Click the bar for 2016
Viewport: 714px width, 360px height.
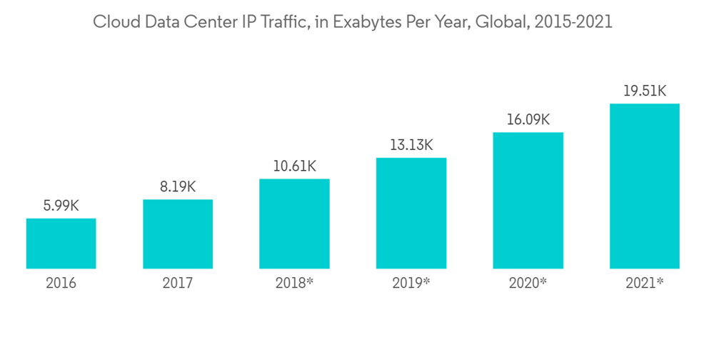click(61, 244)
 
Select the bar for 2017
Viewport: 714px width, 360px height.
click(178, 234)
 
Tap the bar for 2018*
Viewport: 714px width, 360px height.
click(294, 224)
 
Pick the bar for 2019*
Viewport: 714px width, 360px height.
click(411, 214)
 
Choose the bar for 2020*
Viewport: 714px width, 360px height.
click(528, 201)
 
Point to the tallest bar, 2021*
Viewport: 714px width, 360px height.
click(644, 186)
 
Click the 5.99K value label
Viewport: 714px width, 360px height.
click(61, 206)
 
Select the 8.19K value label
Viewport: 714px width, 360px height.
click(178, 187)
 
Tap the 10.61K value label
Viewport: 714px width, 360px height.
click(294, 166)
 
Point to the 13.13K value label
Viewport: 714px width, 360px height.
click(411, 146)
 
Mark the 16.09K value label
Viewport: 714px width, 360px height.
click(528, 120)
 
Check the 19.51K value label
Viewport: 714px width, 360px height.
click(644, 91)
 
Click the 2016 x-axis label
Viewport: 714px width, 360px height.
click(61, 284)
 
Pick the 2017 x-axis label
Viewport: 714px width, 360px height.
click(178, 284)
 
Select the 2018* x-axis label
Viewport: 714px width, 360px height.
click(294, 284)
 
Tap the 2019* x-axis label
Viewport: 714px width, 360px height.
click(411, 284)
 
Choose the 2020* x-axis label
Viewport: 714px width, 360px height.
click(528, 284)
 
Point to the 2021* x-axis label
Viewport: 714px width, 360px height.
click(644, 284)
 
